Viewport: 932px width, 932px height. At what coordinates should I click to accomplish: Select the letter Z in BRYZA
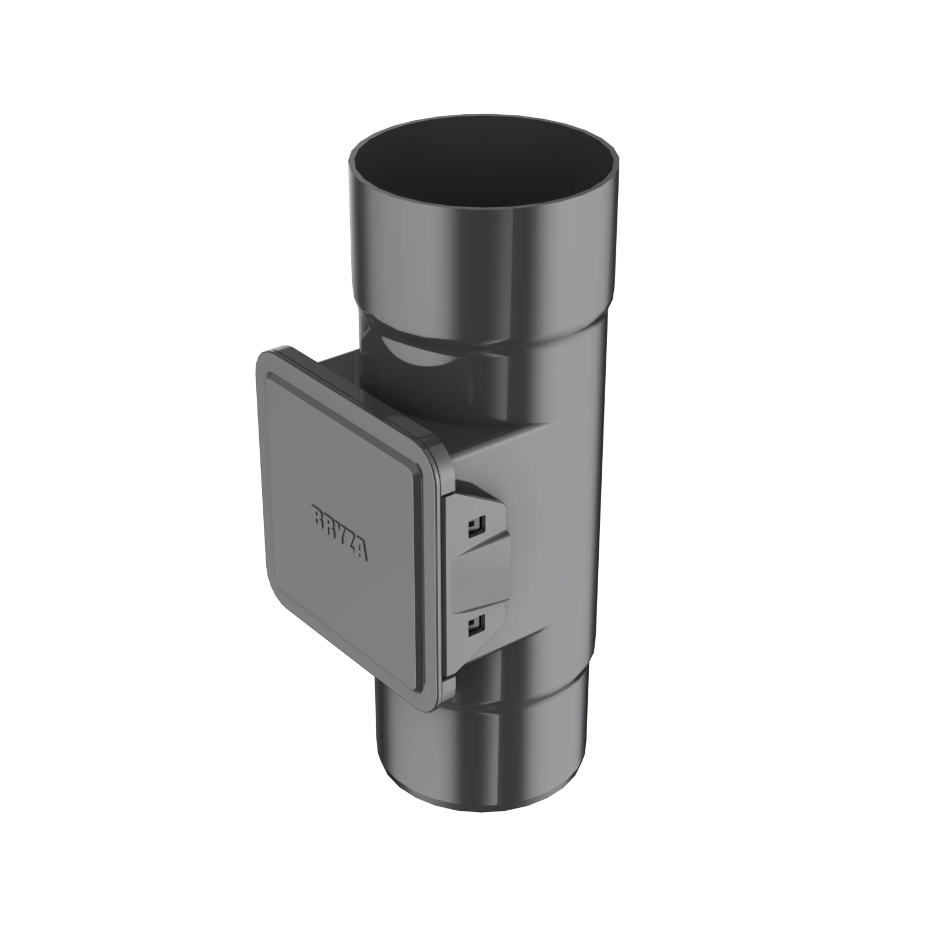point(352,544)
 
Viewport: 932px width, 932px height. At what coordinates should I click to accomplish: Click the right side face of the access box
point(513,472)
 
